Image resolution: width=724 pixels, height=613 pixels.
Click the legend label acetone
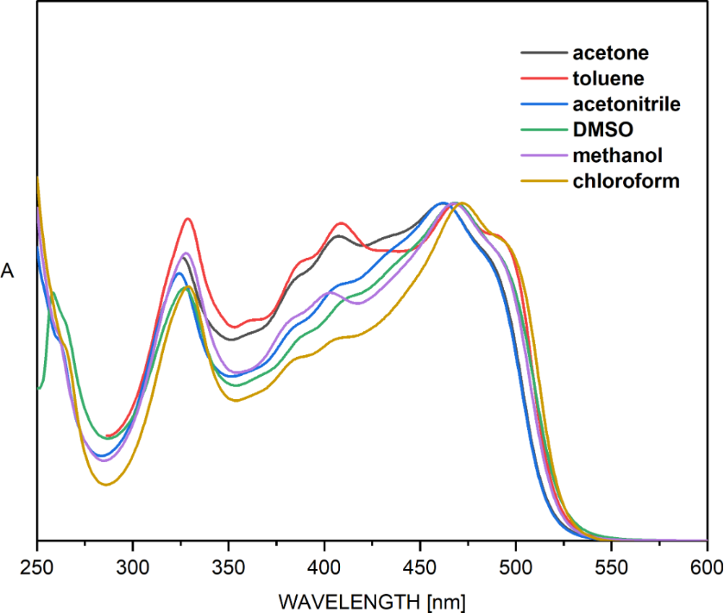(610, 53)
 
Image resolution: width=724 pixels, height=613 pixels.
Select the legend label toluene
(608, 79)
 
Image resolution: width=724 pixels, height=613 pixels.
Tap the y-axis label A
(8, 272)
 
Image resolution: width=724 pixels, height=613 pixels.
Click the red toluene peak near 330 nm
(187, 219)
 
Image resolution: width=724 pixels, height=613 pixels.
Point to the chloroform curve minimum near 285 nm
(105, 485)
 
